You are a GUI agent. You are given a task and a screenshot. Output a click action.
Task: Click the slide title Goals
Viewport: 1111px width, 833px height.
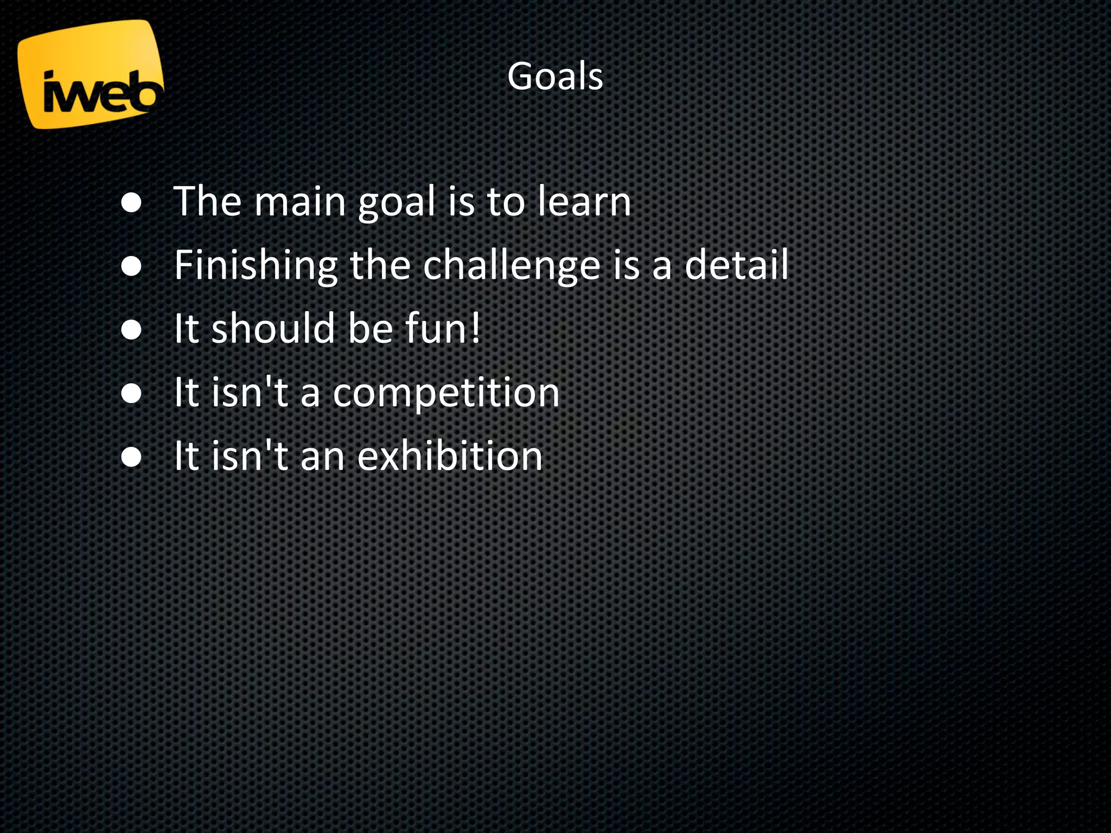(x=555, y=76)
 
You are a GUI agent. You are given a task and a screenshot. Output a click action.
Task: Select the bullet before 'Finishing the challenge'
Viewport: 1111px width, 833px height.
(x=132, y=266)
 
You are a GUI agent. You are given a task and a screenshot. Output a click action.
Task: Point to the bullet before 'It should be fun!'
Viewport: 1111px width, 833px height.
(x=132, y=329)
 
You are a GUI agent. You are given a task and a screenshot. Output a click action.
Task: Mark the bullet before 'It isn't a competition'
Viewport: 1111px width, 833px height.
(x=132, y=393)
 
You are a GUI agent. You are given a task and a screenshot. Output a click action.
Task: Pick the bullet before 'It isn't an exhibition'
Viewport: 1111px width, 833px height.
(x=132, y=456)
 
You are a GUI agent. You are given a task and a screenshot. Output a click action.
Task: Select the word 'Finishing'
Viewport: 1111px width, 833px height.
(x=256, y=266)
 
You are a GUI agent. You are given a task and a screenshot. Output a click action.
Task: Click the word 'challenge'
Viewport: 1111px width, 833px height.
(x=511, y=266)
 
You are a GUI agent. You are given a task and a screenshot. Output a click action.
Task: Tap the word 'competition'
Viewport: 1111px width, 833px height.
(x=446, y=393)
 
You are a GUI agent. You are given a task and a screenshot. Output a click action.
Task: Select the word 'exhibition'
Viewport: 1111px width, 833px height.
(x=450, y=456)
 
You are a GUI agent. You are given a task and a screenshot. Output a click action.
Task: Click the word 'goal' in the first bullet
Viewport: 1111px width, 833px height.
(x=397, y=202)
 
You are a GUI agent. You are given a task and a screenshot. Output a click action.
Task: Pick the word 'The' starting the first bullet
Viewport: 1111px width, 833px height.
(x=208, y=201)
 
